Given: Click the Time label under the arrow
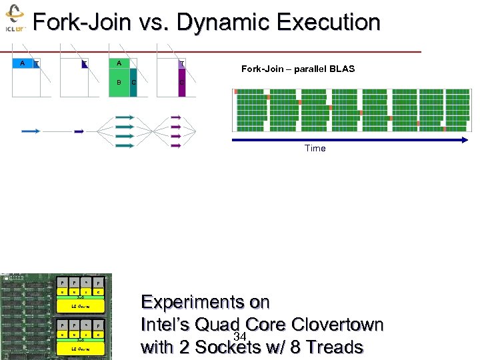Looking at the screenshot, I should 315,148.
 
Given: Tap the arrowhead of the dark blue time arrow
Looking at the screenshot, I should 465,139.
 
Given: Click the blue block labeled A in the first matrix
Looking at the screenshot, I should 23,63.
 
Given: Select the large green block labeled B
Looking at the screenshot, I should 119,83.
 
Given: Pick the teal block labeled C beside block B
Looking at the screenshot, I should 133,83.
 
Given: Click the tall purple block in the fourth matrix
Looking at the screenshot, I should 181,83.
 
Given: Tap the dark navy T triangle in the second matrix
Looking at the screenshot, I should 85,64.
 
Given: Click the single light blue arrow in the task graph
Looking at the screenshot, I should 31,132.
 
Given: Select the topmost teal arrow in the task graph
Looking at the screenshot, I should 124,117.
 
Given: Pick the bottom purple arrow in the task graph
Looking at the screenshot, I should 175,146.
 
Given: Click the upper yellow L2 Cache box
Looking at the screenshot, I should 80,306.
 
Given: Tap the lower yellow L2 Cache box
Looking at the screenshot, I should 80,349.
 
